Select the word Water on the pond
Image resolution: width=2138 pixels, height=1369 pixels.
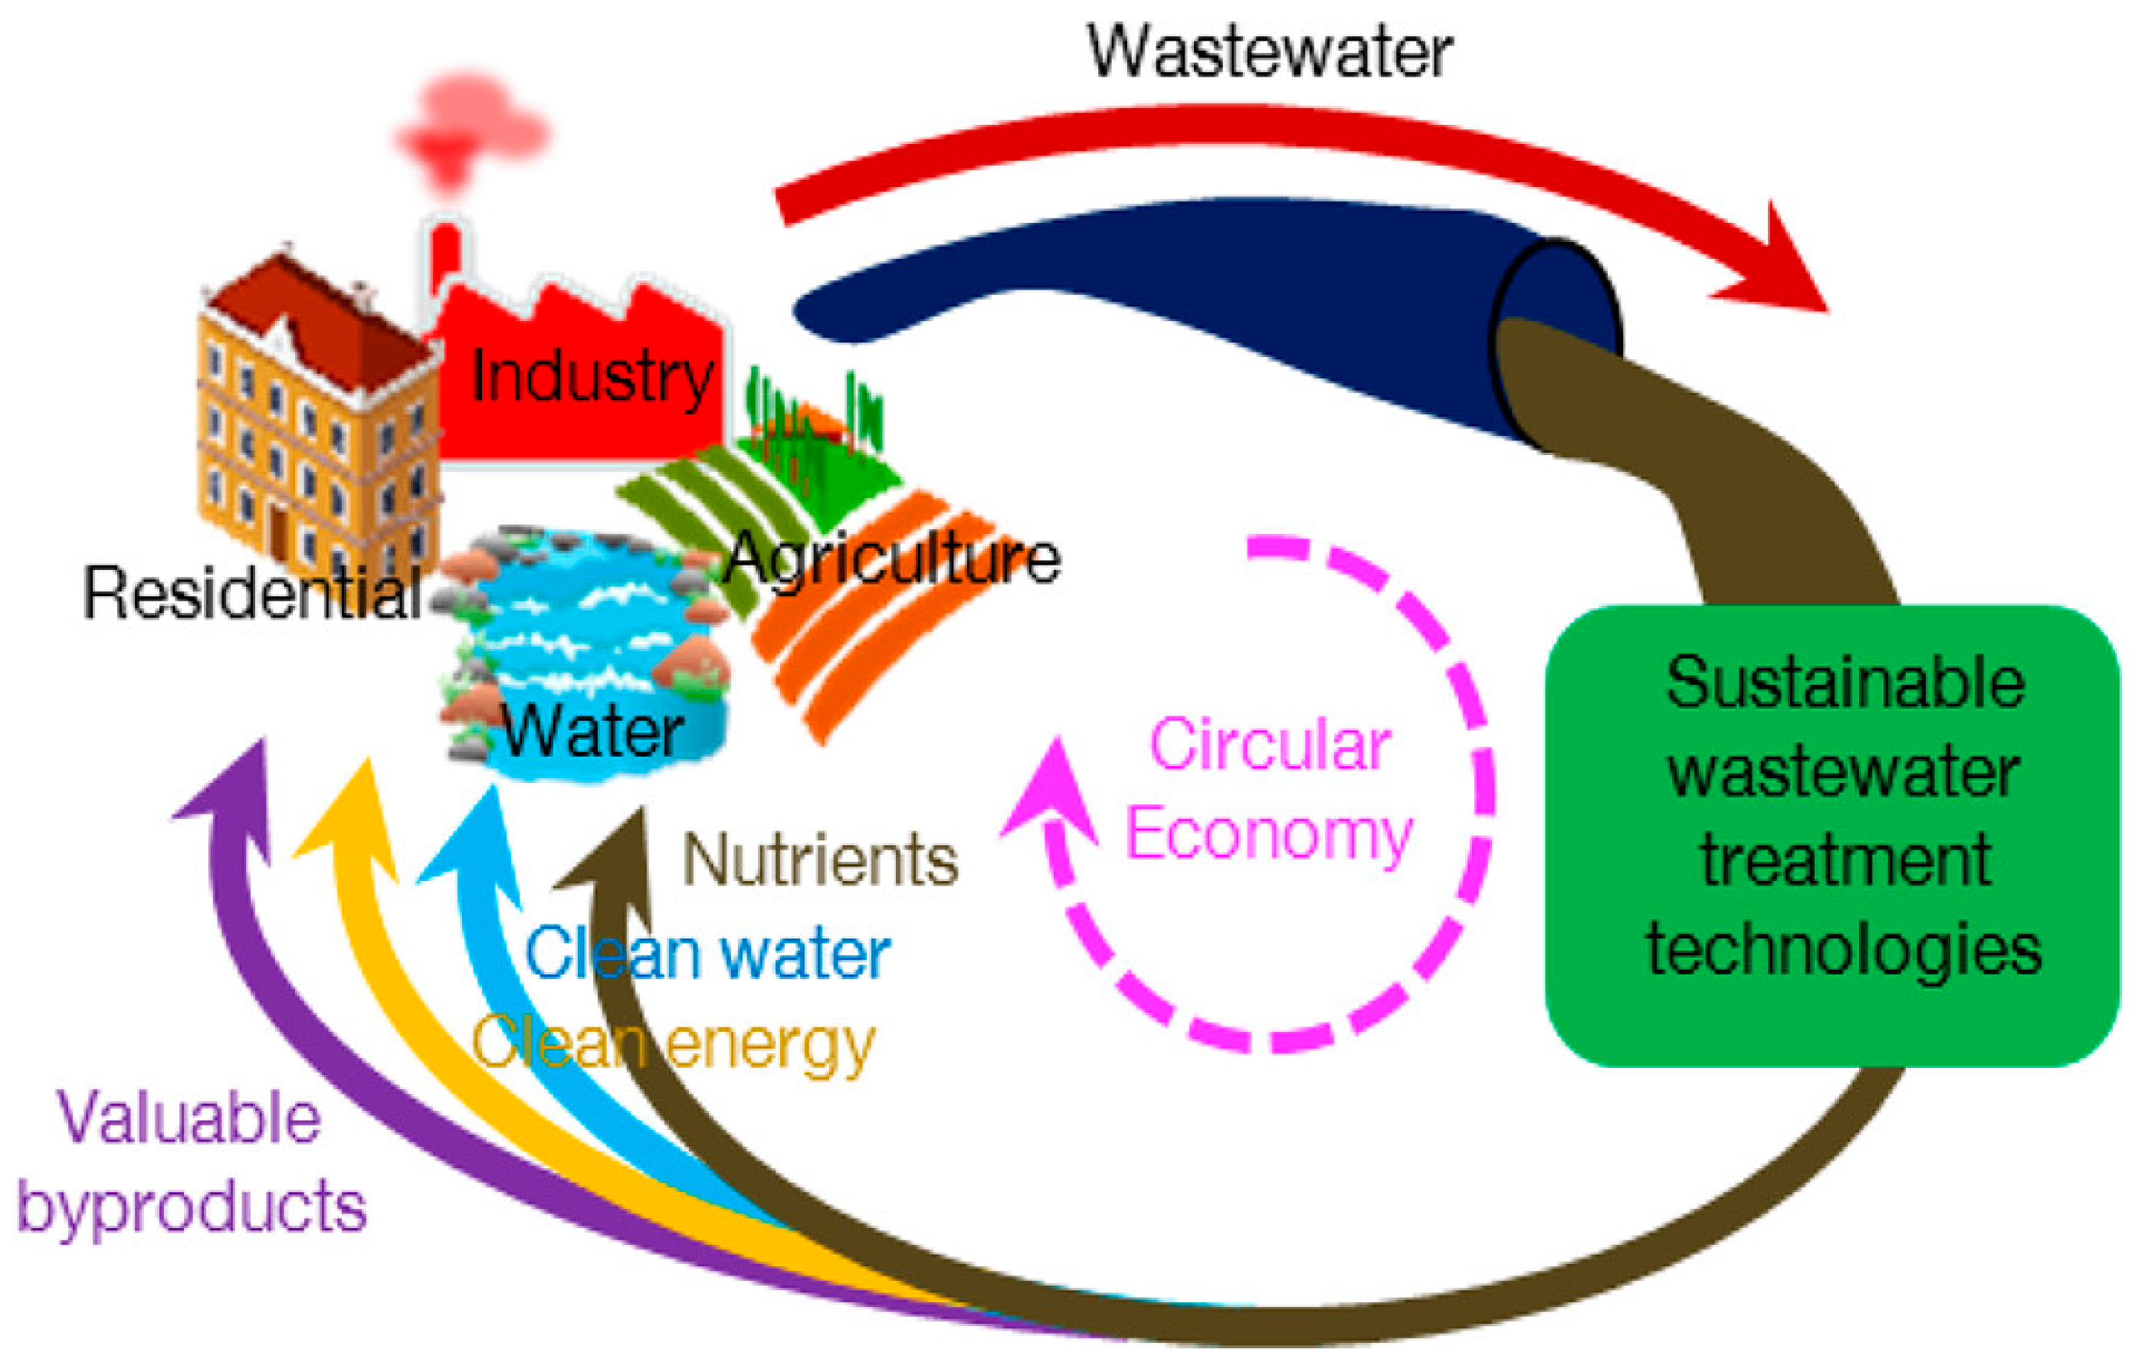pyautogui.click(x=593, y=732)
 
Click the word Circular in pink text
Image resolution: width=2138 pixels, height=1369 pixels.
pyautogui.click(x=1270, y=744)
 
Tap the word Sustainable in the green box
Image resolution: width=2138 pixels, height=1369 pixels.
pyautogui.click(x=1845, y=683)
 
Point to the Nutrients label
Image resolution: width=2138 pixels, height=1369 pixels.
pyautogui.click(x=820, y=860)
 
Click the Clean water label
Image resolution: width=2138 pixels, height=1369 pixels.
pyautogui.click(x=707, y=954)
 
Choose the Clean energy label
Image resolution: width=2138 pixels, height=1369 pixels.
pyautogui.click(x=673, y=1044)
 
